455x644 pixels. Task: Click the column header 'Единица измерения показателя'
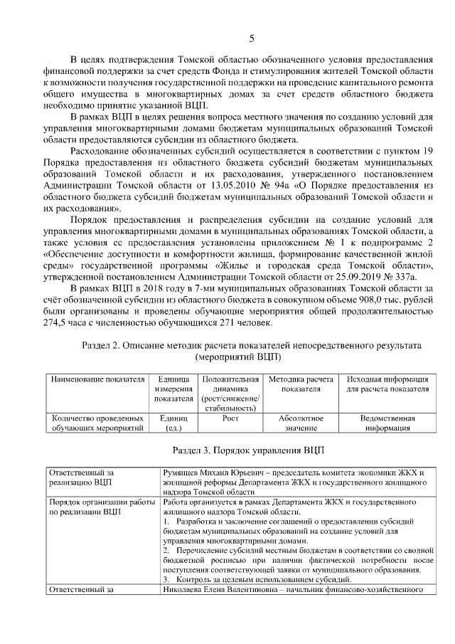click(x=173, y=389)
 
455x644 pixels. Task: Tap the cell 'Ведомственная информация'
click(x=387, y=423)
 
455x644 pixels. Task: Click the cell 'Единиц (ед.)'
click(x=173, y=423)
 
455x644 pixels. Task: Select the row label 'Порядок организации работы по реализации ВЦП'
click(x=101, y=507)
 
